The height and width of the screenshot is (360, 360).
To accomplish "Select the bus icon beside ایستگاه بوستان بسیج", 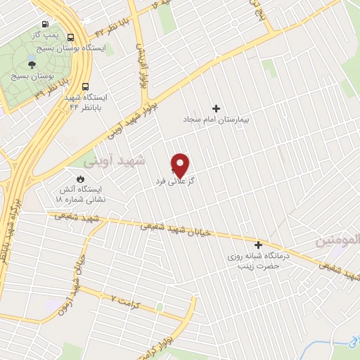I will pos(70,37).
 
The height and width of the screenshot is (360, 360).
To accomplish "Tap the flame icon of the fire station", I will pos(69,179).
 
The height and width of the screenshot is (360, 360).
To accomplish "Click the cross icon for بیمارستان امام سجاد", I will pos(216,108).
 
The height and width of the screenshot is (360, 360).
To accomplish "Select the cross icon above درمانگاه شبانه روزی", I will pos(259,245).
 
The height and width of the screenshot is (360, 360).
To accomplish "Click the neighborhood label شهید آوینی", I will pos(114,161).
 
